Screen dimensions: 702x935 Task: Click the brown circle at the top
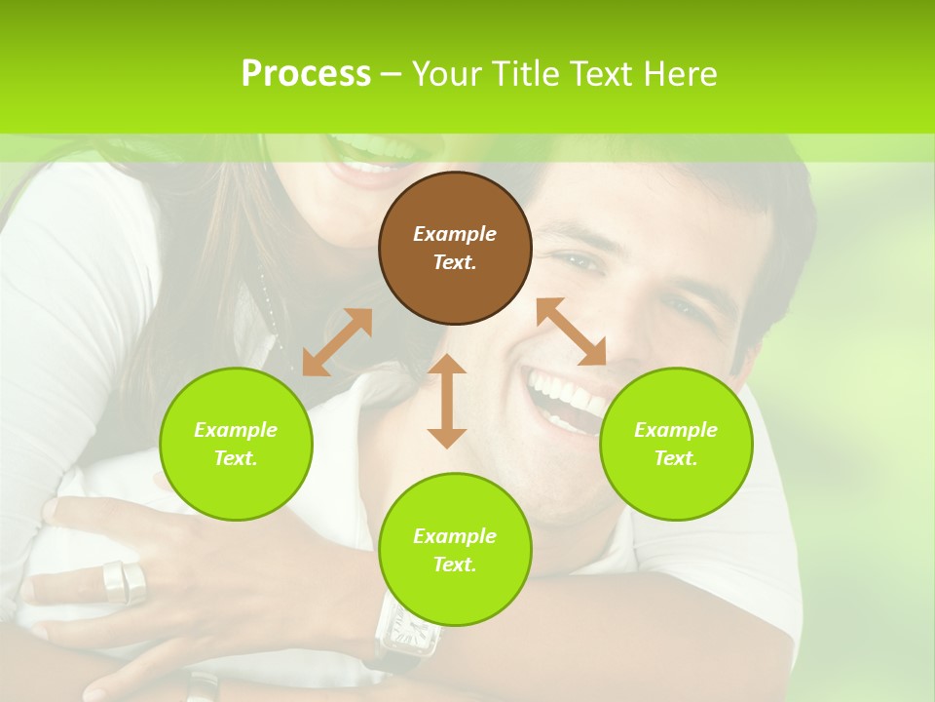click(455, 248)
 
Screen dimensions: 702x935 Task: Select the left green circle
click(236, 444)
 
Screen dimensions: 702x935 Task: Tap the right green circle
click(676, 444)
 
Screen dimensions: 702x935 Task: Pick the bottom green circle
click(455, 550)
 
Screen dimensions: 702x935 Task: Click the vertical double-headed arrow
click(447, 401)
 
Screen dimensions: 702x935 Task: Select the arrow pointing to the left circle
click(337, 342)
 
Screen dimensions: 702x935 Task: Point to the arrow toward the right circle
click(572, 331)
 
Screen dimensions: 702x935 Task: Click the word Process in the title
click(306, 73)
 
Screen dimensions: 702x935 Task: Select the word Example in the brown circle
click(455, 234)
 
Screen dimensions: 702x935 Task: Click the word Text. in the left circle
click(236, 458)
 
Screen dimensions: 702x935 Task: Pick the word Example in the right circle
click(676, 430)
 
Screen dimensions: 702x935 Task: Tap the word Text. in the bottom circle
click(455, 565)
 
